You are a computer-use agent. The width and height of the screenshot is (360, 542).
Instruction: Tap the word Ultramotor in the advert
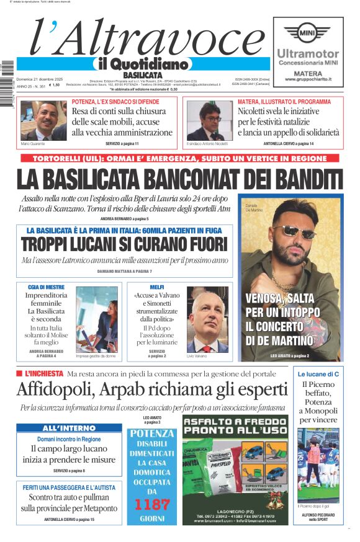pos(307,54)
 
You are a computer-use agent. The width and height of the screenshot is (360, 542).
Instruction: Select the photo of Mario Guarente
pos(43,120)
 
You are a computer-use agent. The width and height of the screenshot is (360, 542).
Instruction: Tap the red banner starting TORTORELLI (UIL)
pos(180,159)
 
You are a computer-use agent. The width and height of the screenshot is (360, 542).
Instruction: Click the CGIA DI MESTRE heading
pos(46,287)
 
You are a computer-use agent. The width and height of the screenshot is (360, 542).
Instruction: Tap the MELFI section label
pos(156,287)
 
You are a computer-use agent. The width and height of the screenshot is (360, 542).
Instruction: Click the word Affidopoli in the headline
pos(55,389)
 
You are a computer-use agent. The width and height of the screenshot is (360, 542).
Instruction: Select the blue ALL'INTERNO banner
pos(68,429)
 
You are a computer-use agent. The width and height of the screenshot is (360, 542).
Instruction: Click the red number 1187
pos(151,504)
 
